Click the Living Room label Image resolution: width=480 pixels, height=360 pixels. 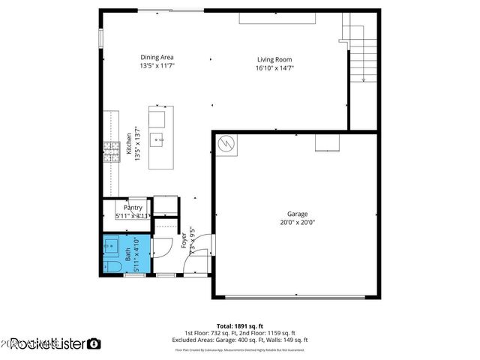[x=274, y=59]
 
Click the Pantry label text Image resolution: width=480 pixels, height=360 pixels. [x=133, y=208]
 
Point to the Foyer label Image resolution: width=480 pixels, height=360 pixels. [x=184, y=241]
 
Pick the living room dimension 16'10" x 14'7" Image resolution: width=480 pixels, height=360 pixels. [x=274, y=67]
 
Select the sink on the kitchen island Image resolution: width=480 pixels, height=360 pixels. [x=158, y=139]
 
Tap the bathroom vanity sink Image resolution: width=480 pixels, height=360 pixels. [x=111, y=244]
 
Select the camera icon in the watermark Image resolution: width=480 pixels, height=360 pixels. [x=94, y=343]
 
